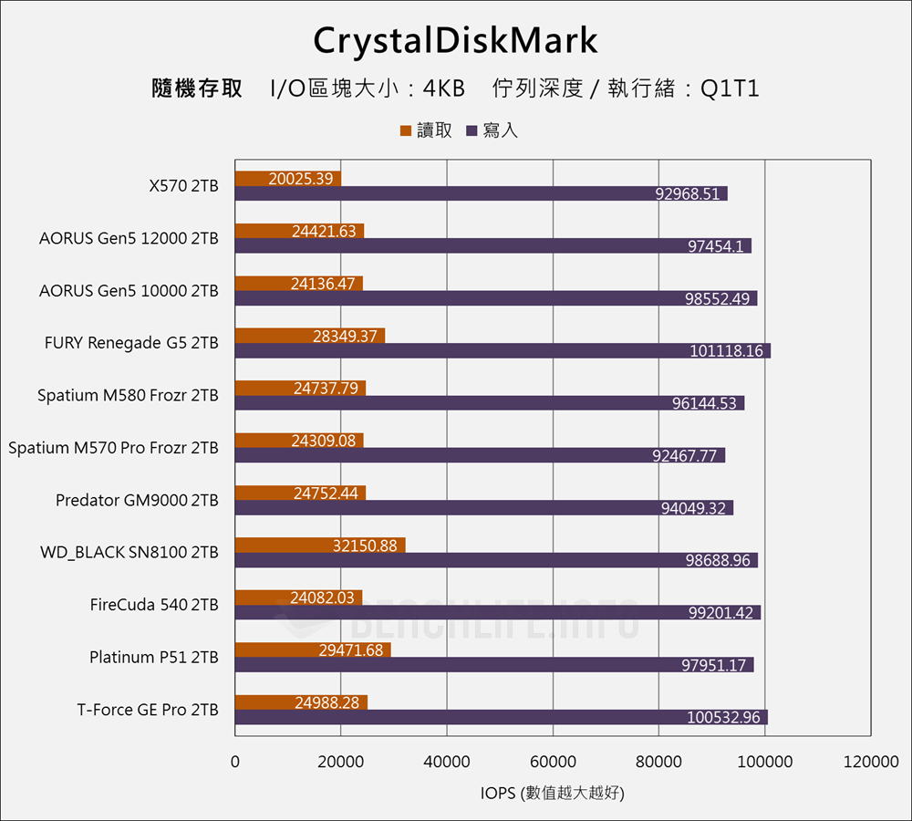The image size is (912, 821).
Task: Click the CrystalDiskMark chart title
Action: coord(455,41)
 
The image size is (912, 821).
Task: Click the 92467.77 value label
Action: coord(684,456)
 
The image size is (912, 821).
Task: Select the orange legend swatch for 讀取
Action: coord(406,131)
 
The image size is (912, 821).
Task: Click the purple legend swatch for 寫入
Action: coord(472,131)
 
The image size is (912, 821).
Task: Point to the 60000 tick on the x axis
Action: coord(553,763)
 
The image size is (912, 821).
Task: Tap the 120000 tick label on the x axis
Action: coord(870,763)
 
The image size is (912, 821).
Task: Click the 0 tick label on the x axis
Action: coord(235,763)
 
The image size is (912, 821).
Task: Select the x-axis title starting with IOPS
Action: coord(553,793)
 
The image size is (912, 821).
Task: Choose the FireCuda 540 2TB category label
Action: coord(154,604)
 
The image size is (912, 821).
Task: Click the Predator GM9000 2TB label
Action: coord(137,500)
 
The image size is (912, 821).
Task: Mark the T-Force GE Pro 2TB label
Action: coord(148,710)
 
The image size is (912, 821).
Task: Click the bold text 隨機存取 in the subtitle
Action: coord(197,88)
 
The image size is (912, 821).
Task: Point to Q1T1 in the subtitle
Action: coord(730,88)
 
